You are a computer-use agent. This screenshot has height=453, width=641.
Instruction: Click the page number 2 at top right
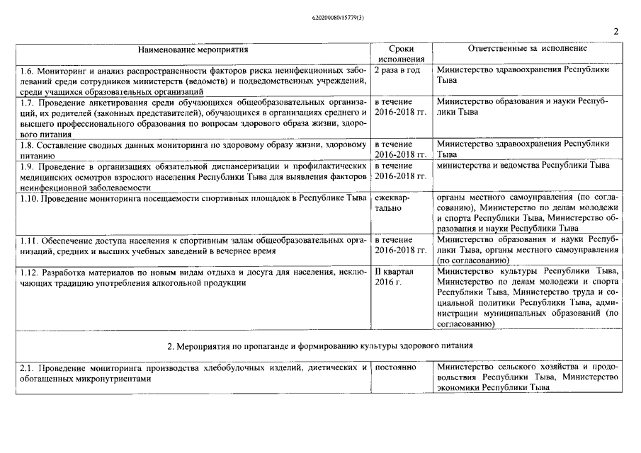pyautogui.click(x=616, y=31)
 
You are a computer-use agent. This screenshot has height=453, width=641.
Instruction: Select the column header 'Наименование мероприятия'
pyautogui.click(x=193, y=49)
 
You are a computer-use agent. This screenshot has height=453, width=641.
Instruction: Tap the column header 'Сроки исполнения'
pyautogui.click(x=401, y=54)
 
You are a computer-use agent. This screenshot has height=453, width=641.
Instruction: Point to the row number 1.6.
pyautogui.click(x=26, y=70)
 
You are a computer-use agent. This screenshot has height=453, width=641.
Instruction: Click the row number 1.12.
pyautogui.click(x=28, y=271)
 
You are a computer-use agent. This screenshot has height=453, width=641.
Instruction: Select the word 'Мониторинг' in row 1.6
pyautogui.click(x=62, y=70)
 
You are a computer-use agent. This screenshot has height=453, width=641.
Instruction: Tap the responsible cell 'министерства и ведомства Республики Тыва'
pyautogui.click(x=523, y=166)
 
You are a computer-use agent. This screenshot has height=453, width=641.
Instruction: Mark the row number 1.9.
pyautogui.click(x=26, y=166)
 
